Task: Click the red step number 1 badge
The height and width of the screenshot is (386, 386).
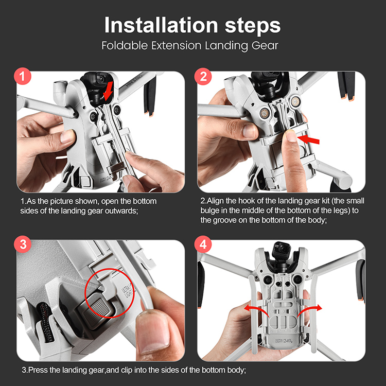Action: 23,76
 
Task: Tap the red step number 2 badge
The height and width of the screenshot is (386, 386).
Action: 203,76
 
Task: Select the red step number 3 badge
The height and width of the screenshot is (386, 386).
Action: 23,244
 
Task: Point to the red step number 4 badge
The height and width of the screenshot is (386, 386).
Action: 203,244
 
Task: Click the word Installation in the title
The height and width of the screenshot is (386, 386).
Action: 161,25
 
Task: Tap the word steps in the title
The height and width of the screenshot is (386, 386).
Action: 253,25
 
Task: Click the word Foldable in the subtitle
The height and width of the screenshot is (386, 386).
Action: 125,45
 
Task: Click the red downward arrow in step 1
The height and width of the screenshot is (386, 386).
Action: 108,91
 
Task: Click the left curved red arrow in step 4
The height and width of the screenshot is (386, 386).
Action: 255,310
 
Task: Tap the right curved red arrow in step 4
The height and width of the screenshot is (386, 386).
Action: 309,310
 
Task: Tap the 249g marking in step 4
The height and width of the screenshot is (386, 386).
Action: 288,341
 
